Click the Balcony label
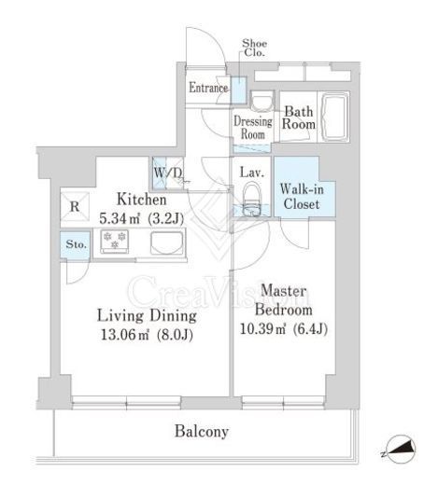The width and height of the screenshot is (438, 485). click(x=202, y=432)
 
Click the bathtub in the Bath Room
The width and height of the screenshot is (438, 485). click(x=334, y=118)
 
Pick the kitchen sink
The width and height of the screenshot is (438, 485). click(x=166, y=242)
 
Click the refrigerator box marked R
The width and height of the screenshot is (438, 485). click(x=75, y=206)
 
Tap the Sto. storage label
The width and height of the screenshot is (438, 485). click(x=76, y=244)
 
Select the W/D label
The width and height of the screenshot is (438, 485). click(x=167, y=173)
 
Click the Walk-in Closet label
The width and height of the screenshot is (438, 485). click(x=302, y=197)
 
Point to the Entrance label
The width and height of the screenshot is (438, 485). click(x=208, y=88)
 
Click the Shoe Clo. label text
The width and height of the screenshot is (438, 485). click(x=254, y=48)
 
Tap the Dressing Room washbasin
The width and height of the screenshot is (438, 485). click(x=261, y=102)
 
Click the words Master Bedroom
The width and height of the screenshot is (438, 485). click(x=283, y=300)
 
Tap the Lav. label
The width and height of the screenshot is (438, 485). click(x=252, y=173)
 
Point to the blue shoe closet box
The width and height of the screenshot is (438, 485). click(x=239, y=90)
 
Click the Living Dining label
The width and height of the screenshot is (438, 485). click(x=147, y=316)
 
